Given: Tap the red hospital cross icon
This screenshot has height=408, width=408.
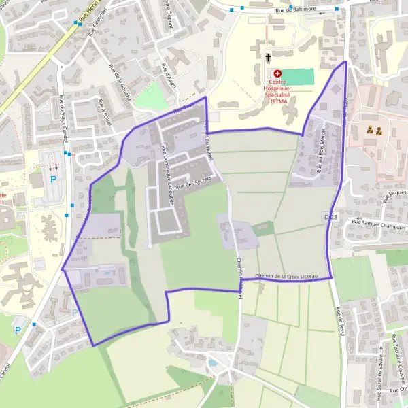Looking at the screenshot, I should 277,73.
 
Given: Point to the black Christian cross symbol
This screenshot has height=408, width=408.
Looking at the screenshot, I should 269,58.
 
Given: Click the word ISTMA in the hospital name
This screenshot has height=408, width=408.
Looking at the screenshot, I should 279,103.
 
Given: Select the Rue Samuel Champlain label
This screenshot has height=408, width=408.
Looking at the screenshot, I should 378,222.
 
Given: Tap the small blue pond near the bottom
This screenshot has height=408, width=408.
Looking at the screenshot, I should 213,363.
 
